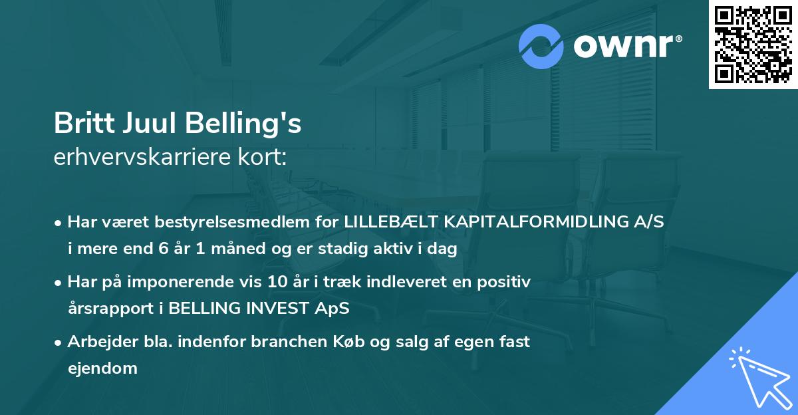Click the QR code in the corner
(x=753, y=45)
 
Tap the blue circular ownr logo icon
(x=542, y=47)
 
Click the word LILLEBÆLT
(x=387, y=223)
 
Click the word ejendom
(x=102, y=367)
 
